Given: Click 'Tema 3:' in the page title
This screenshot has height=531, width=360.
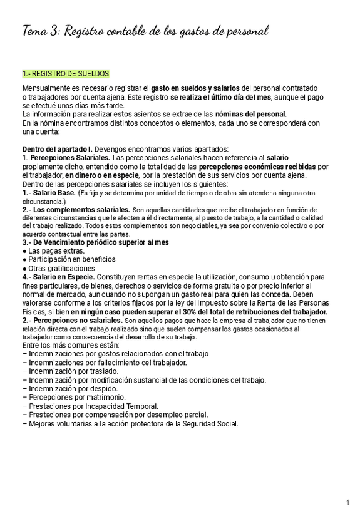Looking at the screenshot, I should click(41, 31).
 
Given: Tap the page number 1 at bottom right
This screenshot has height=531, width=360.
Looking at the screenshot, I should click(347, 503).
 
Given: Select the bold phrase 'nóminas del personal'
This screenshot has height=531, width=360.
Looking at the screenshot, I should click(250, 114).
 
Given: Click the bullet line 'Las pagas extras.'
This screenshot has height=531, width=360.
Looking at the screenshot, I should click(56, 250).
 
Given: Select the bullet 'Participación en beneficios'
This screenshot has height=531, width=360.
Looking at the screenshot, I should click(72, 259).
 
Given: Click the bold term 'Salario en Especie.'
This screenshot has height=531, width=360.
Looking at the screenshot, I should click(63, 277).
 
